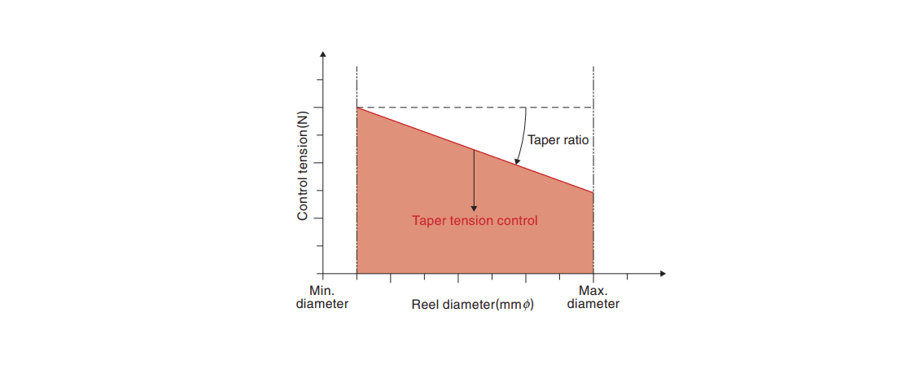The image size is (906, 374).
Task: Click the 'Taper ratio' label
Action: coord(558,140)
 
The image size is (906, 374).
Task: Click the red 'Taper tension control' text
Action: coord(475,220)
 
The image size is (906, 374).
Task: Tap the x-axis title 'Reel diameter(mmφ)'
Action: coord(471,305)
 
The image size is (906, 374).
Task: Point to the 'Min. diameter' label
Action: coord(322,297)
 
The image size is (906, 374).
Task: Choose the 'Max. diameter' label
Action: coord(593,297)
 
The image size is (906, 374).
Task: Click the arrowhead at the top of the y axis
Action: coord(324,55)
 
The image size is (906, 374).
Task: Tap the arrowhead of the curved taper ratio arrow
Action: coord(517,163)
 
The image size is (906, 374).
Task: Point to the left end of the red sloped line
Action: coord(357,108)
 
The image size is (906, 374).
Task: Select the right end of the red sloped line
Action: coord(593,193)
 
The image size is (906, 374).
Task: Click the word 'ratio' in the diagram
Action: coord(575,140)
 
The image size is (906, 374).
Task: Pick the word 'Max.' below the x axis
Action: coord(593,291)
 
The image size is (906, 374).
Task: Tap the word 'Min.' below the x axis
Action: coord(322,291)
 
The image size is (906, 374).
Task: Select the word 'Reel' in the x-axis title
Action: coord(424,305)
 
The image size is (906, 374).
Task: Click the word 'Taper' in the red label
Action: coord(428,220)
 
